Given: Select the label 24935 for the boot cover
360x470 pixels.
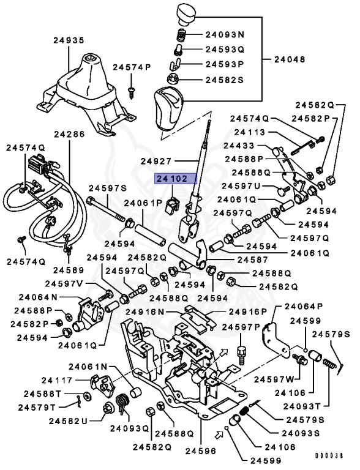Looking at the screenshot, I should click(x=68, y=40).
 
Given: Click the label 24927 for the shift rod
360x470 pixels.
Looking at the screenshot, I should click(x=159, y=161).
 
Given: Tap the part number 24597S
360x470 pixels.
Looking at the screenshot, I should click(x=107, y=188).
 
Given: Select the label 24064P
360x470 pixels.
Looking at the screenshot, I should click(x=300, y=307).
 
